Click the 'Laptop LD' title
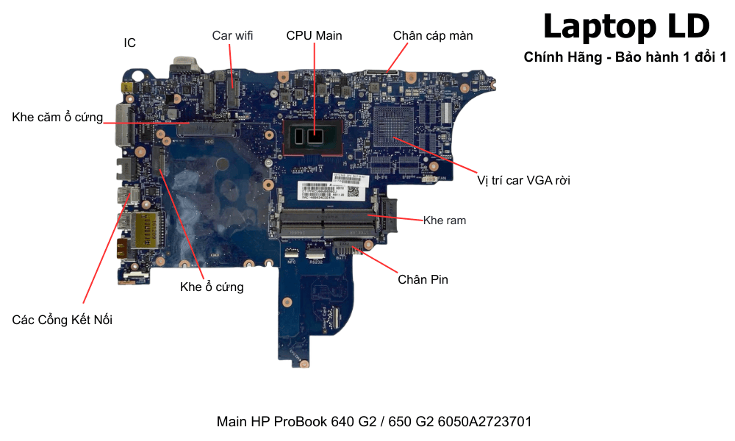[x=626, y=26]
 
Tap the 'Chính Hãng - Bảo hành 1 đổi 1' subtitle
[x=625, y=57]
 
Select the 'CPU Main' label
[x=314, y=35]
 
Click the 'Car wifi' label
[x=232, y=35]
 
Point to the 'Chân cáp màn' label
[x=433, y=35]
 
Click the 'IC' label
[x=129, y=43]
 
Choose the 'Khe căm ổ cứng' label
[x=57, y=118]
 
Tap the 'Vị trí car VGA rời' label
[x=523, y=180]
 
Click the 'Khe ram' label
[x=445, y=220]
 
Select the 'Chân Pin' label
[x=423, y=279]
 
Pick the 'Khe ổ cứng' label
[x=212, y=287]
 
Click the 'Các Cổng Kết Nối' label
[x=62, y=320]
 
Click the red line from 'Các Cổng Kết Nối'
[x=103, y=250]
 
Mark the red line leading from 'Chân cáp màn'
[x=397, y=57]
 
